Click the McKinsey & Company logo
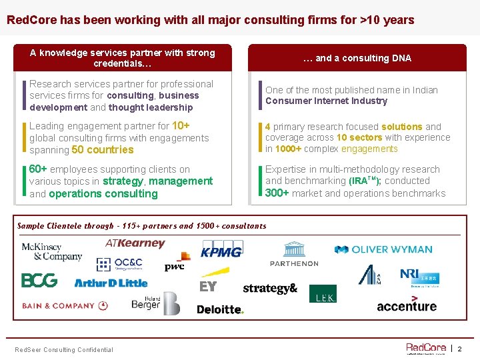click(x=51, y=252)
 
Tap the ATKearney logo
click(x=135, y=244)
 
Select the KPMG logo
click(x=221, y=251)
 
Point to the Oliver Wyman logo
click(x=383, y=250)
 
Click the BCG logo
click(x=39, y=281)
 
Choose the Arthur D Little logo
click(x=111, y=283)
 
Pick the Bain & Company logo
click(x=65, y=306)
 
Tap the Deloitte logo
click(x=221, y=309)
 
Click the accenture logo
click(x=407, y=305)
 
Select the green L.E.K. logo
click(x=323, y=294)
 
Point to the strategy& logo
click(x=270, y=289)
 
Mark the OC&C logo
click(x=119, y=265)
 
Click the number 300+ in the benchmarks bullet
click(x=277, y=193)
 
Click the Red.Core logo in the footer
click(x=426, y=348)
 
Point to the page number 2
click(x=459, y=349)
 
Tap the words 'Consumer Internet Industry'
click(x=326, y=101)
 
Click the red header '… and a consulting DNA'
click(x=357, y=58)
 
